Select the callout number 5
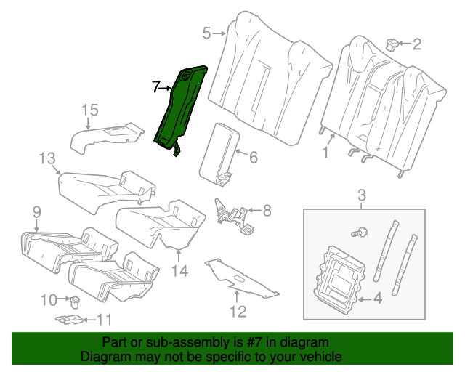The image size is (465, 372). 206,33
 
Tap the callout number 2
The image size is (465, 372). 416,44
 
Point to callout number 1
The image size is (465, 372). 325,153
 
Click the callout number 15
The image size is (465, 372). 89,110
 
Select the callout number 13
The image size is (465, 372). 47,158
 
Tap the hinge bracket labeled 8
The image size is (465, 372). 234,215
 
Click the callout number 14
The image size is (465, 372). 179,271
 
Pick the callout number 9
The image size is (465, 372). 36,211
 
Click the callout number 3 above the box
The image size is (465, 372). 363,195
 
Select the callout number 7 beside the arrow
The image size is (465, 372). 156,86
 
